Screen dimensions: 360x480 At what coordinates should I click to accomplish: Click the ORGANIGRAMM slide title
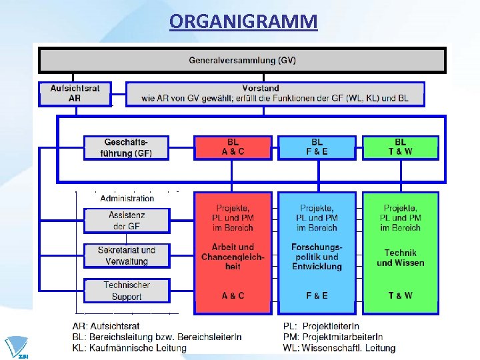243,22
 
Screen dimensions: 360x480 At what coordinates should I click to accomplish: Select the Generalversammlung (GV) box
242,60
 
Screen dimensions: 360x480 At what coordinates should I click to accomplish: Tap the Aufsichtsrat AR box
75,93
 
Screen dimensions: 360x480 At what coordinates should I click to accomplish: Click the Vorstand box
275,93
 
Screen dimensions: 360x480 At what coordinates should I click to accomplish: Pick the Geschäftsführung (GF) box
127,147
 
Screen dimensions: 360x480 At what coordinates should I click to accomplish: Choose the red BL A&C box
232,147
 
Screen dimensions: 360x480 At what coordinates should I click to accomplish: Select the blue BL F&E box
317,147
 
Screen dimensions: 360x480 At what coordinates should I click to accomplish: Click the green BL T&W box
400,147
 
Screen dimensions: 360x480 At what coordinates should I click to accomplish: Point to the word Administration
127,198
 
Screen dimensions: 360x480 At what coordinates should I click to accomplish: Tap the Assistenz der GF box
127,221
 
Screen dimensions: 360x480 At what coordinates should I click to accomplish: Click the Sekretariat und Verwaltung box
127,256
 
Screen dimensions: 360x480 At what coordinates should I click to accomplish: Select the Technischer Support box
127,291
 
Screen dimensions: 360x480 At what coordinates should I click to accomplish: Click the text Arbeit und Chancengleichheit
233,257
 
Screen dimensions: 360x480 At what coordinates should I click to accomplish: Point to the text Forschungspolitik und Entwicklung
317,257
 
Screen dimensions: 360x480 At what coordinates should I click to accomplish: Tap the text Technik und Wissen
400,257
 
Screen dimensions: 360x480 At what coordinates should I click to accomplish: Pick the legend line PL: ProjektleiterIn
321,326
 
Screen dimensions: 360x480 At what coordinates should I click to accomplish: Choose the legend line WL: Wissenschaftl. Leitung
339,348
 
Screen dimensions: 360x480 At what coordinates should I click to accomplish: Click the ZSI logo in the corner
16,347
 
